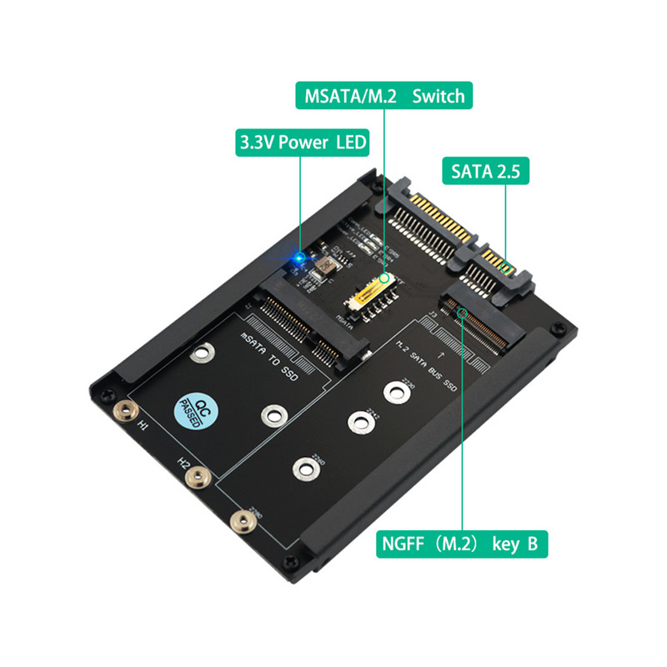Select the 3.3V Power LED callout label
pos(302,142)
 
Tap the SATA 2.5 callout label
pos(485,172)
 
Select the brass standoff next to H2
pos(197,477)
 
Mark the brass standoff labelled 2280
pos(243,522)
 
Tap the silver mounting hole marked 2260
pos(304,468)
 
